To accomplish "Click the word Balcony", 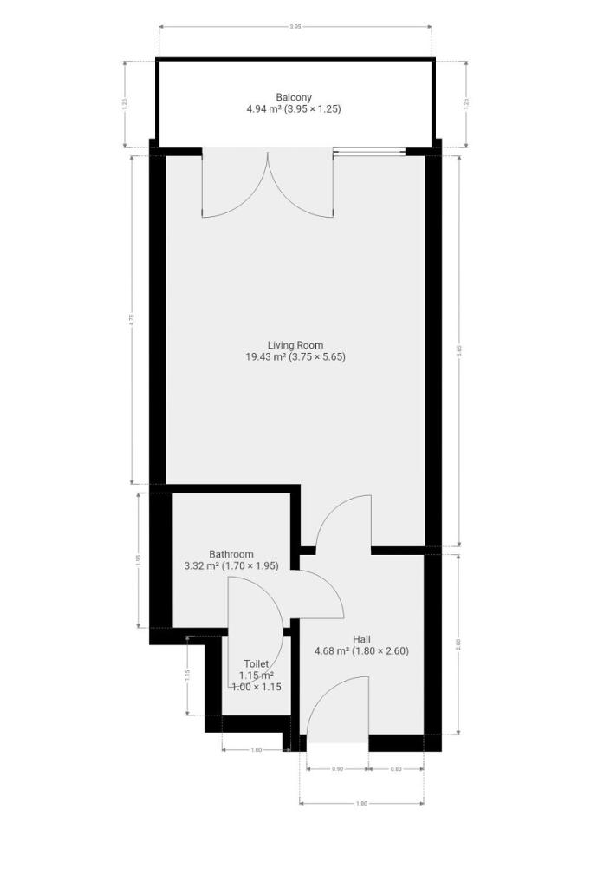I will click(x=294, y=97).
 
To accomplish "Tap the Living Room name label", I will click(x=295, y=344).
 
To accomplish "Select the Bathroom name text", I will click(x=231, y=554).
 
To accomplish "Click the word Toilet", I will click(x=256, y=663).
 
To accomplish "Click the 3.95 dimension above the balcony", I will click(x=295, y=27).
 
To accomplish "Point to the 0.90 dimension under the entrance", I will click(x=337, y=769).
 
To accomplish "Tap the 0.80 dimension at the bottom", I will click(x=396, y=769).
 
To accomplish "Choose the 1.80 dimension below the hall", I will click(x=362, y=804).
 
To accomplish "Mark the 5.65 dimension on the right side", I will click(x=458, y=350).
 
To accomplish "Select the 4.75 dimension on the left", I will click(x=132, y=318).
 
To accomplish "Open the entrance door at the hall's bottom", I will click(x=338, y=711).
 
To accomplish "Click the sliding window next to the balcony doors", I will click(x=369, y=153).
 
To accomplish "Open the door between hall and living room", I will click(x=344, y=524).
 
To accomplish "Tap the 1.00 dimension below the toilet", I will click(x=256, y=750).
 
